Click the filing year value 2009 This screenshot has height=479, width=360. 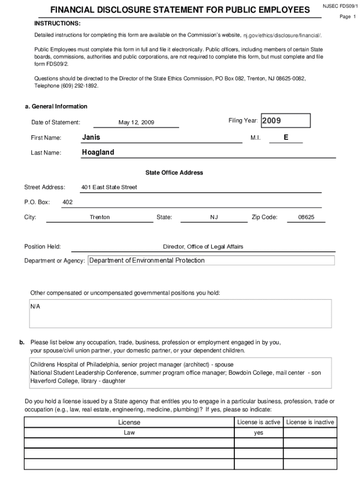272,121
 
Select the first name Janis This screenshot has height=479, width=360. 91,138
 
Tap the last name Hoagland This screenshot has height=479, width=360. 98,152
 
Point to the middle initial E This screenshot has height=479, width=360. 286,138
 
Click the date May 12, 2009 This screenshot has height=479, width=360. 137,123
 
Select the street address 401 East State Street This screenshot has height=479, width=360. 109,187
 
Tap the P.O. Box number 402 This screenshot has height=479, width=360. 67,202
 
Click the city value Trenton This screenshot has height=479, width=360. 100,217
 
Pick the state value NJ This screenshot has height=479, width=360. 214,217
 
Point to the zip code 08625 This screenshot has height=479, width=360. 306,217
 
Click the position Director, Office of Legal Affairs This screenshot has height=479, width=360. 203,247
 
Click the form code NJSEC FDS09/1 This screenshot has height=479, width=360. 340,7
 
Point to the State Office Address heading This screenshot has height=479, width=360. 174,173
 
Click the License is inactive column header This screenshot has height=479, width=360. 310,422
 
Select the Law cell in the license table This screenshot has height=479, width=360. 129,433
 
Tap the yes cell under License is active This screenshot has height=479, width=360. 259,433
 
